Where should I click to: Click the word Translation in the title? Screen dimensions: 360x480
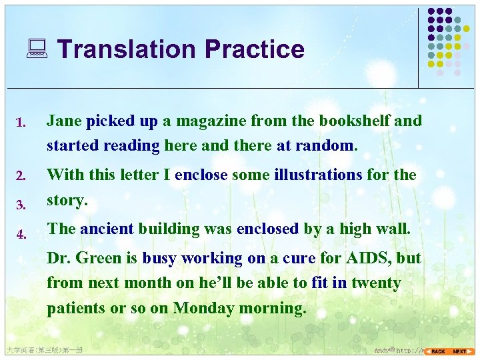click(x=126, y=49)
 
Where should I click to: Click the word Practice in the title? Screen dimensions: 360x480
click(x=255, y=49)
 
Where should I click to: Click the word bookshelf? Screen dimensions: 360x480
click(x=354, y=121)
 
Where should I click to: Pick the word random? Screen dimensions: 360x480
click(x=327, y=145)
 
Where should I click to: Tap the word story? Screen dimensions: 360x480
click(x=67, y=200)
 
